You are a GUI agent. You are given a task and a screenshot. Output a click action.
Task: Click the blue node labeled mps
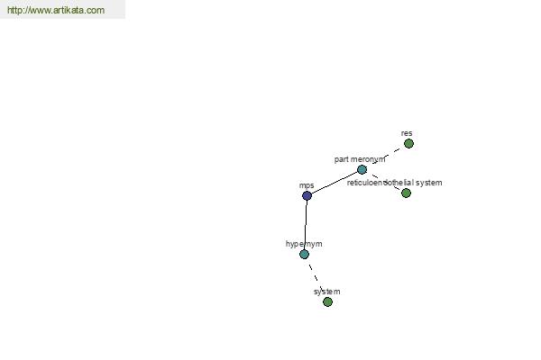[307, 195]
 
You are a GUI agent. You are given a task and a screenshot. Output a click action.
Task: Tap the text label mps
[307, 185]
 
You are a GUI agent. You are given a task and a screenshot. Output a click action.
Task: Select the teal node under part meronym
[362, 169]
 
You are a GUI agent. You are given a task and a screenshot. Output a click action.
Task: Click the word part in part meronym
[341, 159]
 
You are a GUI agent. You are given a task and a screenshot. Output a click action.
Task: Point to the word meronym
[368, 159]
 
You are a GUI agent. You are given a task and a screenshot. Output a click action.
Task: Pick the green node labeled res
[408, 143]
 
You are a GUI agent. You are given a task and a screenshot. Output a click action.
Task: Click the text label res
[407, 133]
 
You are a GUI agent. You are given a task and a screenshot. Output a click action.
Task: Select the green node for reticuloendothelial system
[406, 193]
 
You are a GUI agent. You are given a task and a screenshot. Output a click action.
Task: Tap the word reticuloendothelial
[381, 183]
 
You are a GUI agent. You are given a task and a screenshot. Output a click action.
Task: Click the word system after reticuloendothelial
[429, 183]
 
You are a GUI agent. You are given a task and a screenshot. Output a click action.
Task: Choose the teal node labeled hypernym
[304, 255]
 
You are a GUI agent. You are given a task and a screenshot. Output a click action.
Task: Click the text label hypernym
[304, 244]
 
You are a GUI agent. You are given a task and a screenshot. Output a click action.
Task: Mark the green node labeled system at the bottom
[327, 302]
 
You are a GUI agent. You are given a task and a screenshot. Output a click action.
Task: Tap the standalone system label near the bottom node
[326, 292]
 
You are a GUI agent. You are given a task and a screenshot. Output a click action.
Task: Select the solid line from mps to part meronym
[335, 183]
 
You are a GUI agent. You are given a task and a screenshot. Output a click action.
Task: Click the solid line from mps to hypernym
[306, 225]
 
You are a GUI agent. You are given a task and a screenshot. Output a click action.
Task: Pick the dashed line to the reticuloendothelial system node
[384, 181]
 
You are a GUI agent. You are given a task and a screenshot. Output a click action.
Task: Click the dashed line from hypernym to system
[316, 278]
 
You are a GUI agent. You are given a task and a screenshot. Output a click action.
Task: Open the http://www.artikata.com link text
[56, 10]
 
